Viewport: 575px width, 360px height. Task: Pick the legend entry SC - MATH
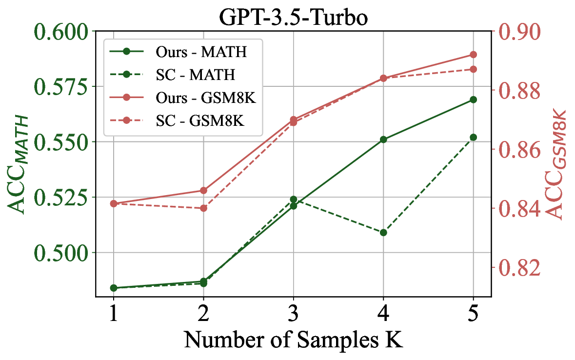195,75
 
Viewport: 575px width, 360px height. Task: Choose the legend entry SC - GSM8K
200,120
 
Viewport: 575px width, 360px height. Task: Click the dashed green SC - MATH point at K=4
383,233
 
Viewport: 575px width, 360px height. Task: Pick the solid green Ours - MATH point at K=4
383,140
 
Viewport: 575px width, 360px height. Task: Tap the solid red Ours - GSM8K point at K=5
473,54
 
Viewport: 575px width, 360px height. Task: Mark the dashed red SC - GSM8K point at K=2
203,208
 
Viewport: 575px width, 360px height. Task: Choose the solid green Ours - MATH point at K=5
473,100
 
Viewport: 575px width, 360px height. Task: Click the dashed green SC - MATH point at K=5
473,137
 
